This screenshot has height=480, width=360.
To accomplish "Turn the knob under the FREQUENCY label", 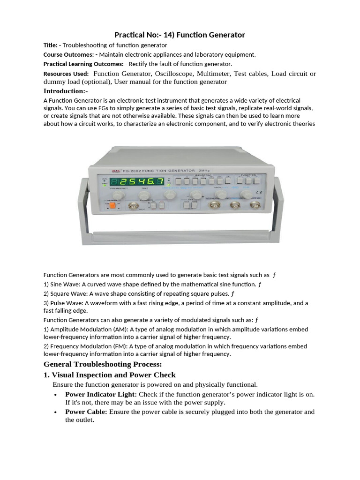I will pos(116,195).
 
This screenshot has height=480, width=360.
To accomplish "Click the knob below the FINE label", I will pos(144,195).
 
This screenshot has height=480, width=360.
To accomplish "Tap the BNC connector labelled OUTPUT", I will pos(217,206).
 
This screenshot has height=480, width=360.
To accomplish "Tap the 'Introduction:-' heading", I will pos(66,91).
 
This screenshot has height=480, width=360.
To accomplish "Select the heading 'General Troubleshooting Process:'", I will pos(103,364).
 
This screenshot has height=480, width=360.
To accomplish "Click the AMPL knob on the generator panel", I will pos(218,194).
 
